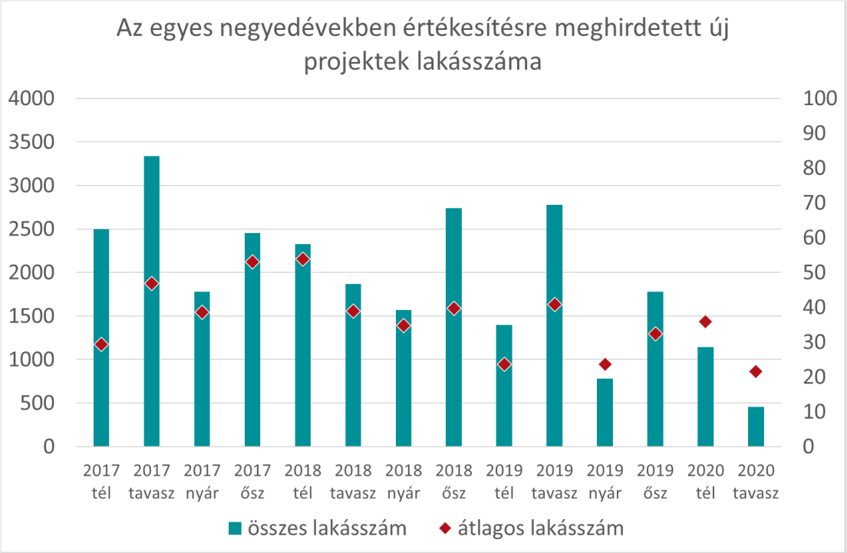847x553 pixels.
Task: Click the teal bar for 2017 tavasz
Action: [152, 301]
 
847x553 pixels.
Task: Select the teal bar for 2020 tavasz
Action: [756, 426]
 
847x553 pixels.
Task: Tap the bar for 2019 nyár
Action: [605, 413]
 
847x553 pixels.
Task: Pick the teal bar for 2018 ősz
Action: [453, 328]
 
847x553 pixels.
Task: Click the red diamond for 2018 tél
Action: [303, 260]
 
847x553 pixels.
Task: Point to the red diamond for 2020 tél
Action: [706, 322]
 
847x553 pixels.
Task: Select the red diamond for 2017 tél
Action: [101, 344]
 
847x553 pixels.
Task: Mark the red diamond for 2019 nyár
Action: [605, 364]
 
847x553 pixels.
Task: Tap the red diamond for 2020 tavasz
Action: [756, 371]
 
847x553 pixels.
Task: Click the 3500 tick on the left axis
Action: [31, 142]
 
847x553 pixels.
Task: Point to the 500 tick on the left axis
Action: [38, 403]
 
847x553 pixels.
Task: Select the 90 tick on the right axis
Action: [815, 133]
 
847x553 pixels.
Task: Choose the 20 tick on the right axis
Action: [815, 377]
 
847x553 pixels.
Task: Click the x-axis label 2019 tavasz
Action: [554, 482]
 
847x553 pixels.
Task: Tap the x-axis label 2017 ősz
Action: [252, 482]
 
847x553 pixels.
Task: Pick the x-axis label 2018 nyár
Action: [404, 482]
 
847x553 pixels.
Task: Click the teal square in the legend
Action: [235, 528]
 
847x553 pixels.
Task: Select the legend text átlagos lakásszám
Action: [541, 528]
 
